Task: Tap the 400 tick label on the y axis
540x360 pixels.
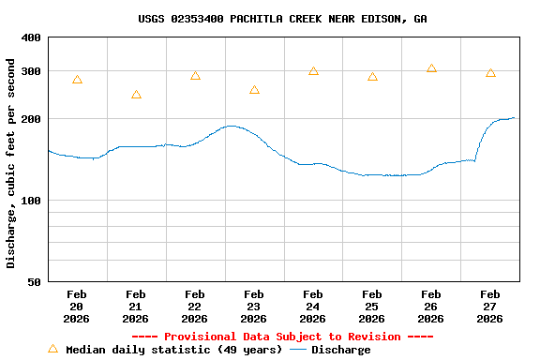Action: coord(31,37)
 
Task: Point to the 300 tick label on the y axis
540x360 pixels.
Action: coord(31,71)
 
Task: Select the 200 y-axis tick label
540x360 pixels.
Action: coord(31,119)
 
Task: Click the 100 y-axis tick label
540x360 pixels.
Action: coord(31,201)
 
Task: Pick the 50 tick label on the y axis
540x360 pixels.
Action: coord(34,282)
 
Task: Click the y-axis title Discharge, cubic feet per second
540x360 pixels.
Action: coord(11,163)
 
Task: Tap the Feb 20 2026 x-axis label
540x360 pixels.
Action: coord(77,307)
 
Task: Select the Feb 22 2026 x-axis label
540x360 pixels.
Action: coord(195,307)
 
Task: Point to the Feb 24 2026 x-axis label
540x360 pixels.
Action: coord(313,307)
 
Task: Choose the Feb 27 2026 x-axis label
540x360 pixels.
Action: coord(490,307)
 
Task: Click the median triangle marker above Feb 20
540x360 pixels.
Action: coord(77,81)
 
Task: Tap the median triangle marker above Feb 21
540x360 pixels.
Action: coord(136,95)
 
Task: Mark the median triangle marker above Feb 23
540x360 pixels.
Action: coord(254,90)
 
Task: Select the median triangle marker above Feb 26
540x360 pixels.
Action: coord(431,68)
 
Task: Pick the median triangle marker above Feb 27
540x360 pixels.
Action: coord(490,73)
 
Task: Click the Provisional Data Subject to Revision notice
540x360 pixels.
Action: coord(282,337)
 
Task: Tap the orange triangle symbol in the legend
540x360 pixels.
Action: coord(52,349)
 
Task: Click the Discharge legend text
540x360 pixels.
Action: coord(340,350)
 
